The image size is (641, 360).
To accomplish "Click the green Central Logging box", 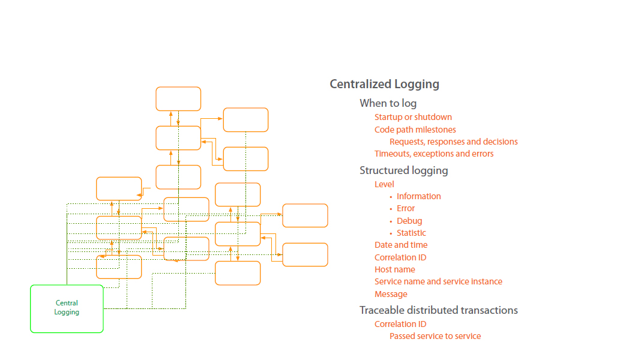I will [67, 308].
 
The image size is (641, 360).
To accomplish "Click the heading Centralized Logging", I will [384, 84].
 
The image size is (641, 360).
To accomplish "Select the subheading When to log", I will [388, 103].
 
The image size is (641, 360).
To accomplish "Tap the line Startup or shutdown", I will [413, 117].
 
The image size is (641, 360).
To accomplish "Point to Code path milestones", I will [415, 130].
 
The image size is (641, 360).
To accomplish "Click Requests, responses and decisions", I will [453, 142].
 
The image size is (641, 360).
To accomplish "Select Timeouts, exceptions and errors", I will [434, 154].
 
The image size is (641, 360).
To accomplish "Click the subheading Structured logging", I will [403, 170].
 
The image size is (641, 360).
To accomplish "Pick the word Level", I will [384, 184].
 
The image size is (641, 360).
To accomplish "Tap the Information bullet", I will [418, 196].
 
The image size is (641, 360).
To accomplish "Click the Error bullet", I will [406, 208].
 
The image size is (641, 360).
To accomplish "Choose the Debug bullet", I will [409, 221].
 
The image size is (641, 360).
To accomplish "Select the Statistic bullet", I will [411, 233].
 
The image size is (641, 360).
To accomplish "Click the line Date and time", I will [401, 245].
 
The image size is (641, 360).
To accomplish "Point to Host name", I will [394, 269].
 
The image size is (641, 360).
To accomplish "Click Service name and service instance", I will [438, 281].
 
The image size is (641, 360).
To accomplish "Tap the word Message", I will [391, 294].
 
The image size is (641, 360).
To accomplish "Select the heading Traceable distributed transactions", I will [438, 310].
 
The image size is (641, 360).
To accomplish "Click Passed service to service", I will [435, 336].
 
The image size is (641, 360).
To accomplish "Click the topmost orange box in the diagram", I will [178, 99].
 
